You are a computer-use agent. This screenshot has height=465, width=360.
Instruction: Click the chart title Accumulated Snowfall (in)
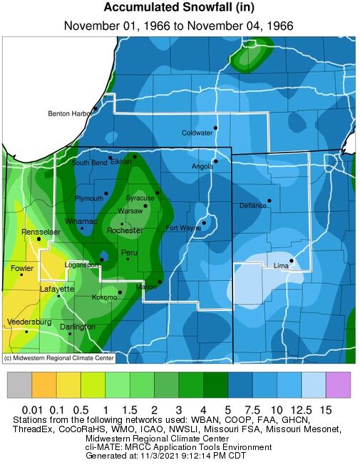point(179,8)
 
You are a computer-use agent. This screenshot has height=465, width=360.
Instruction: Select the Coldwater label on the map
point(197,133)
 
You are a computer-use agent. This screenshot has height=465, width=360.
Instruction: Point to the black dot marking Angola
point(216,160)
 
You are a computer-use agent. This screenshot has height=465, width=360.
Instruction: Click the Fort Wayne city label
point(183,228)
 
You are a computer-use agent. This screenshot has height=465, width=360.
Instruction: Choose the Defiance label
point(252,205)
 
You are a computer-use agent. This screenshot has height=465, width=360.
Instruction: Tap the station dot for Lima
point(291,260)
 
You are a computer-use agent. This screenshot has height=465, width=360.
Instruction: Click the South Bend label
point(89,163)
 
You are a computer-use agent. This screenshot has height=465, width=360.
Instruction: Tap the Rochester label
point(125,231)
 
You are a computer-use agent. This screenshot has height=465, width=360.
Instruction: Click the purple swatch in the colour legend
point(338,385)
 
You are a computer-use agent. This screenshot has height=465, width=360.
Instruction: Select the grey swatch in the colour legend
point(19,385)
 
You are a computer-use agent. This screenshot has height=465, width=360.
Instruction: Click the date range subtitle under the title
point(179,26)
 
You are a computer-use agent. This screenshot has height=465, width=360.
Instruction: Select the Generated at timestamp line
point(179,456)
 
